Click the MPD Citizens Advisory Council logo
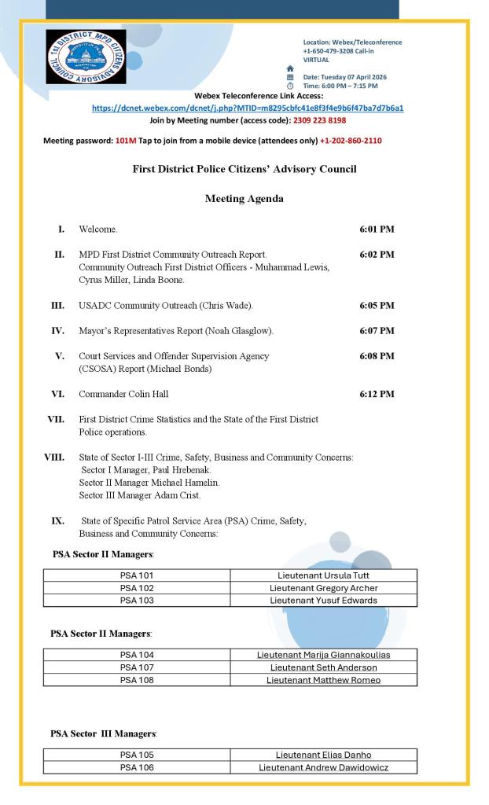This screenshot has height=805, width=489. point(86,57)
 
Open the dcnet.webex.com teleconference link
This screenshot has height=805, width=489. point(248,108)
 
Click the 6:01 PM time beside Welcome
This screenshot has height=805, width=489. point(377,229)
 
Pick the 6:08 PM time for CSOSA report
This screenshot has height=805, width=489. point(377,355)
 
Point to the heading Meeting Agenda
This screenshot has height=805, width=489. point(244,199)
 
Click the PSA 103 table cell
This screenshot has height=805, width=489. point(137,600)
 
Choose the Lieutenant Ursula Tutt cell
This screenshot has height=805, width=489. point(323,575)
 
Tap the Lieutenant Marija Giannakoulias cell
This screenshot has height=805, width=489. point(323,655)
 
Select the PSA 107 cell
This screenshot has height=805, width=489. point(137,667)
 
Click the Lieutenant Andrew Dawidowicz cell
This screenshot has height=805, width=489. point(323,767)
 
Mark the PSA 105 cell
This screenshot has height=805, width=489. point(137,755)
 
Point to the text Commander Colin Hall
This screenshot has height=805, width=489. point(123,394)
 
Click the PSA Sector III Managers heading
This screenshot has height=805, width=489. point(104,733)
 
